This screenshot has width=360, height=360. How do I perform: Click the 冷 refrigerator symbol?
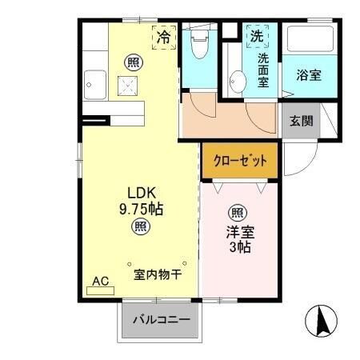coord(163,37)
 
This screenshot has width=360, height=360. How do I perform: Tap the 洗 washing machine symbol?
coord(257,36)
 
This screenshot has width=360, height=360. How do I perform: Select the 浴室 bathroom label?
coord(308,76)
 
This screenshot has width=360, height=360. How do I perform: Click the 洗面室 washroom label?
coord(264,69)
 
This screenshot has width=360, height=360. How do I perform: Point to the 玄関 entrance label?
coord(301,122)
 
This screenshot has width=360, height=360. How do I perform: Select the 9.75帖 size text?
coord(141,210)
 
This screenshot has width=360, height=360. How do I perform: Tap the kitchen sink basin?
coord(96,81)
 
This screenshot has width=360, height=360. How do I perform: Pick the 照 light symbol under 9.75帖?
coord(140,227)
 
